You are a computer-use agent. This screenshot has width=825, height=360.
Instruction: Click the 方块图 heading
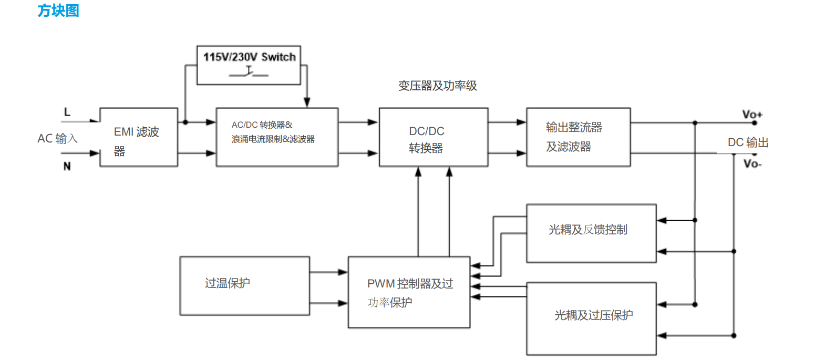(x=58, y=11)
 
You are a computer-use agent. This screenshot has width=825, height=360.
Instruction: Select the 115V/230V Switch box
(x=249, y=65)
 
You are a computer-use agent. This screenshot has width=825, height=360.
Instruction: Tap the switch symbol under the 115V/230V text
(x=249, y=73)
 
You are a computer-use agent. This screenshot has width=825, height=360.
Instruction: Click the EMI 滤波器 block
(x=139, y=137)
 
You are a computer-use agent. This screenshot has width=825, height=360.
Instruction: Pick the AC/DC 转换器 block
(x=277, y=137)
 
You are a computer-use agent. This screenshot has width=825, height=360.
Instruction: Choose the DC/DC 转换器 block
(x=434, y=137)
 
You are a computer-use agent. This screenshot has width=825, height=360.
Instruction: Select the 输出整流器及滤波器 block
(x=578, y=137)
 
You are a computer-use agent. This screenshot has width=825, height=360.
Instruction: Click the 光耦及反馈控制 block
(x=591, y=233)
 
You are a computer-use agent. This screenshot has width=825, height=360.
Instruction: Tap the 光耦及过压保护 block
(x=591, y=318)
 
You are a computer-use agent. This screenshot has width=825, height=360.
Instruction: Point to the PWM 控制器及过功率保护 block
(x=409, y=292)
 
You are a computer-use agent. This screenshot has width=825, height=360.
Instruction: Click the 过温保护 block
(x=244, y=285)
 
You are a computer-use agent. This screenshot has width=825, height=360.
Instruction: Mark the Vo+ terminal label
(x=752, y=114)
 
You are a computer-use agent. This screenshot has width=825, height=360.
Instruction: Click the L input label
(x=67, y=112)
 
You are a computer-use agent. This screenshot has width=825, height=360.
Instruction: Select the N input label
(x=67, y=166)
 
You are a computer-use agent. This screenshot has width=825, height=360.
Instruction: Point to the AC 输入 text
(x=57, y=139)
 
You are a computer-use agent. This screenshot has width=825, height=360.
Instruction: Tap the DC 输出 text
(x=748, y=142)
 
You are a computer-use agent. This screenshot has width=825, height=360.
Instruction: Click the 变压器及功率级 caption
(x=437, y=86)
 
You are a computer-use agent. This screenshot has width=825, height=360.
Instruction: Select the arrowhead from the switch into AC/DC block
(x=307, y=102)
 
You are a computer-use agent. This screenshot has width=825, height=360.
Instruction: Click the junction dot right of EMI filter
(x=185, y=122)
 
